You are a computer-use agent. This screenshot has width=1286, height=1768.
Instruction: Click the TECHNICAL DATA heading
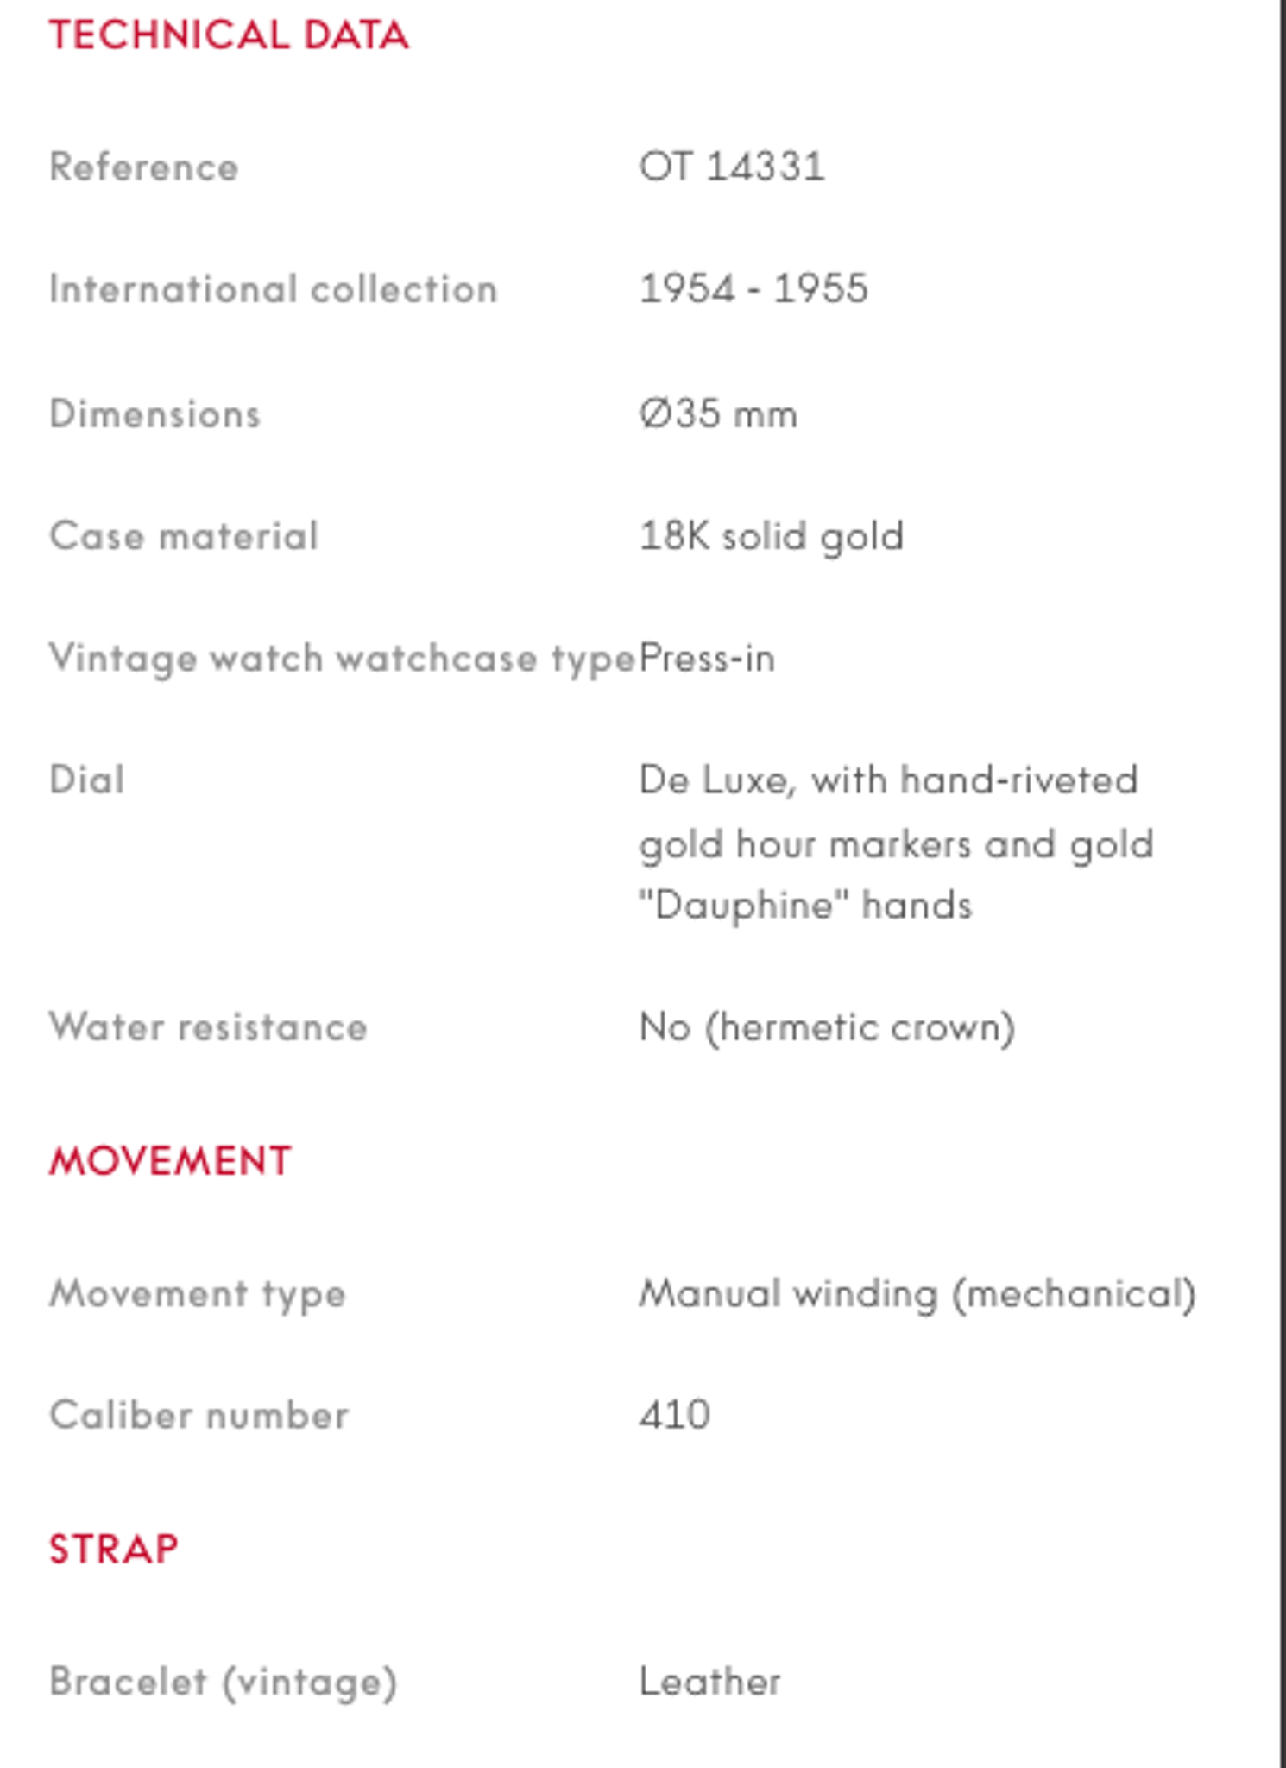pyautogui.click(x=229, y=35)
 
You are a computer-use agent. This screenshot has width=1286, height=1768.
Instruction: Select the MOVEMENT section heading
pyautogui.click(x=170, y=1161)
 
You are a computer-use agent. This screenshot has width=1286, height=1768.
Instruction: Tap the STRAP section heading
pyautogui.click(x=114, y=1549)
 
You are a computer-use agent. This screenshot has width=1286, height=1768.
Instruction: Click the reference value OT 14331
pyautogui.click(x=732, y=167)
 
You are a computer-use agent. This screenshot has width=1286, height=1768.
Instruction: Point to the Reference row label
pyautogui.click(x=144, y=167)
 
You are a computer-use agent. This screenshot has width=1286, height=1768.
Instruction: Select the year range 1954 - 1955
pyautogui.click(x=753, y=288)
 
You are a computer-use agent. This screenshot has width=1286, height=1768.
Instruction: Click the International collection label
pyautogui.click(x=274, y=289)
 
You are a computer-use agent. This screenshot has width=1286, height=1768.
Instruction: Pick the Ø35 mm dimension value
pyautogui.click(x=718, y=414)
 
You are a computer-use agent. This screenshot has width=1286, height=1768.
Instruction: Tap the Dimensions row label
pyautogui.click(x=155, y=414)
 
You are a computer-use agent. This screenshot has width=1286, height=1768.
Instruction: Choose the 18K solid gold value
pyautogui.click(x=772, y=536)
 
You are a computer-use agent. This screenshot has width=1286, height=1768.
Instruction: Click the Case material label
pyautogui.click(x=184, y=536)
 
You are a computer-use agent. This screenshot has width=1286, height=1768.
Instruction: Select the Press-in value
pyautogui.click(x=708, y=659)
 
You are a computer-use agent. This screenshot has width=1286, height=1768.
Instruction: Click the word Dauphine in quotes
pyautogui.click(x=744, y=906)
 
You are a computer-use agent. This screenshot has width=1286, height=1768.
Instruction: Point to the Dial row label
pyautogui.click(x=87, y=780)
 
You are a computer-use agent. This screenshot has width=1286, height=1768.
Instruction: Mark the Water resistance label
pyautogui.click(x=209, y=1027)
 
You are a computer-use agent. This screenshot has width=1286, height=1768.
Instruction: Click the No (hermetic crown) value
pyautogui.click(x=827, y=1027)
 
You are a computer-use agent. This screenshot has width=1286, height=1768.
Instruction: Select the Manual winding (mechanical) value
pyautogui.click(x=917, y=1294)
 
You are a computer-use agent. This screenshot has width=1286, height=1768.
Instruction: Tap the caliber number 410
pyautogui.click(x=675, y=1416)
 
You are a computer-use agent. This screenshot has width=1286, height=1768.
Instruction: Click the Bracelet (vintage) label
pyautogui.click(x=224, y=1682)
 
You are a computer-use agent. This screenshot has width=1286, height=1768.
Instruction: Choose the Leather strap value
pyautogui.click(x=710, y=1682)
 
